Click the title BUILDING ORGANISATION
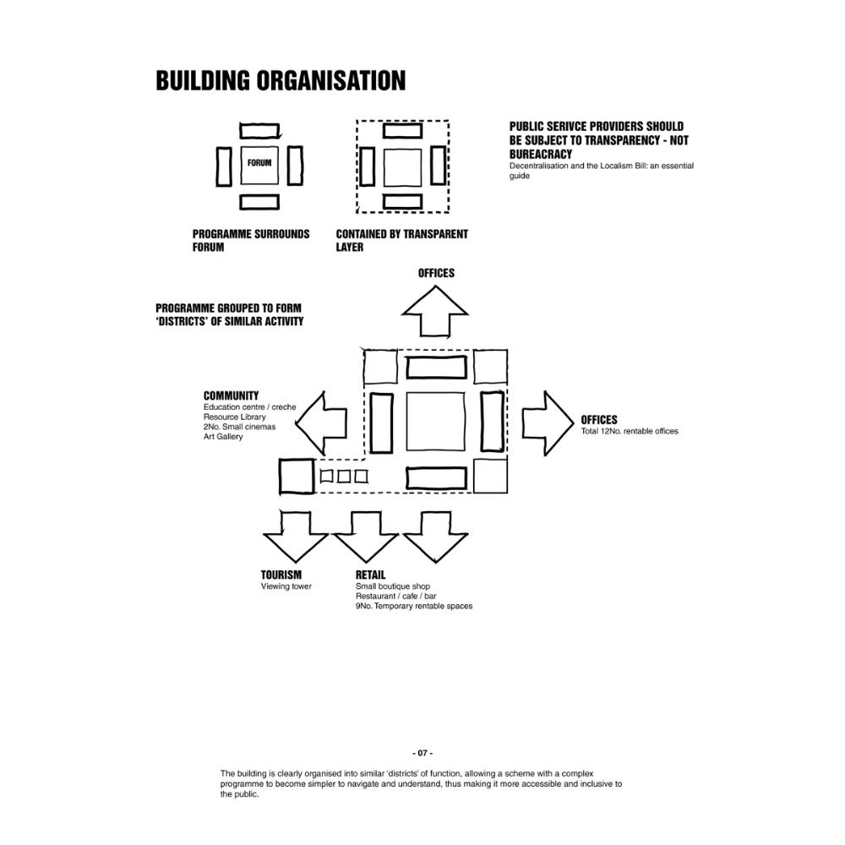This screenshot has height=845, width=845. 281,81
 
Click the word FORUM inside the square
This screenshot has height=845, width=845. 259,163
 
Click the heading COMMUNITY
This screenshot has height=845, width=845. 231,395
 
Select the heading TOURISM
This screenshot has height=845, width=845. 281,575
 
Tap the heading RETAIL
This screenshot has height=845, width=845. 370,575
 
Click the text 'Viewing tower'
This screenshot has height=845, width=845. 286,586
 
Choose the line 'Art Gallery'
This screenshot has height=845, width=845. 223,437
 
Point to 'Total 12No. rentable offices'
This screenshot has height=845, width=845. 630,432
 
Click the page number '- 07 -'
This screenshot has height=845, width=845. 422,753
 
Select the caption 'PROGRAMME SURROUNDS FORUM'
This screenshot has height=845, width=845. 250,241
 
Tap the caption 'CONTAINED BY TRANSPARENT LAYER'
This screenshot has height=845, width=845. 401,241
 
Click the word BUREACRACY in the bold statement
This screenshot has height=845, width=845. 541,155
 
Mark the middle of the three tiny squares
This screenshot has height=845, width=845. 344,477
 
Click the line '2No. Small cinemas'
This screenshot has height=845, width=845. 239,427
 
